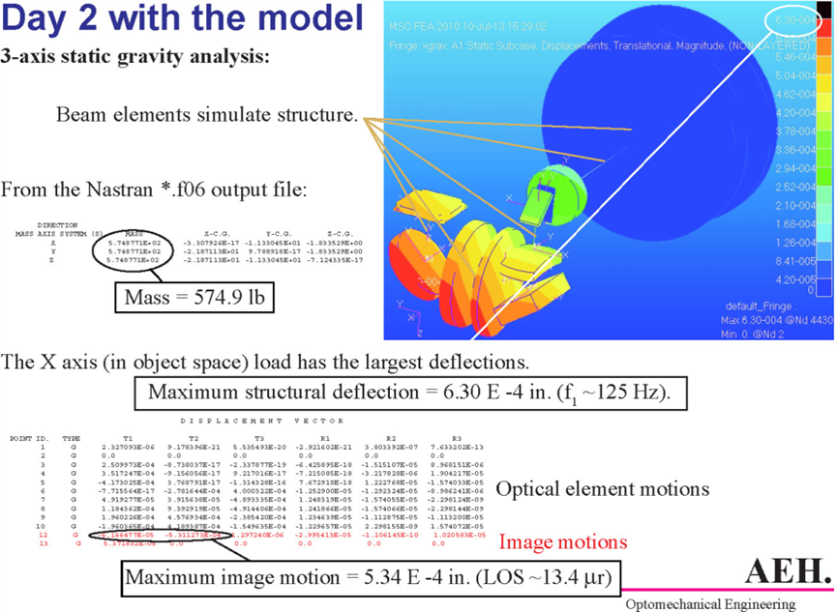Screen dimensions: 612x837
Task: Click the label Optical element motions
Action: click(602, 489)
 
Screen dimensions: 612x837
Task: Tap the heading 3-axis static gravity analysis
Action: click(135, 56)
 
